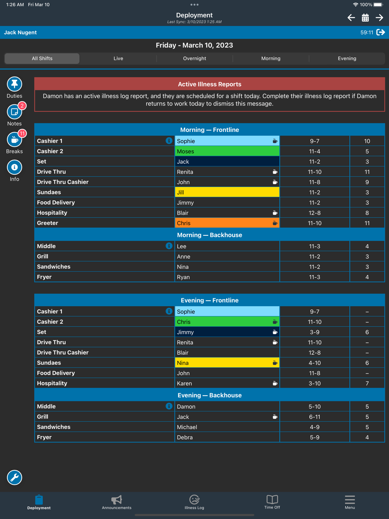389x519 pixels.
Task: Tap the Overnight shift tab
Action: (x=194, y=58)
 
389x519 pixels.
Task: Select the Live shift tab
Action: (x=118, y=58)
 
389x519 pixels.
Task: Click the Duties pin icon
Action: (x=14, y=84)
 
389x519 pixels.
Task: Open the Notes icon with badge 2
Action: (x=14, y=112)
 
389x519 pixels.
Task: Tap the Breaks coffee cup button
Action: (x=14, y=140)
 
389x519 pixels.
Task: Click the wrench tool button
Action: (x=14, y=477)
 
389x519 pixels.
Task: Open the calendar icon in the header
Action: (x=365, y=18)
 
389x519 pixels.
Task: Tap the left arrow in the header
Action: (x=351, y=18)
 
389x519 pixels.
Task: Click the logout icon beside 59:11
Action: (x=380, y=32)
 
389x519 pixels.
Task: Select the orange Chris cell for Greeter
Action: (x=227, y=223)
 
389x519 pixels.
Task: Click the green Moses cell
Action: (x=227, y=151)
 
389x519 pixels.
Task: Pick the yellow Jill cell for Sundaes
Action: (x=227, y=192)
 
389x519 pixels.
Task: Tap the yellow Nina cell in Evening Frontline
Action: (x=227, y=363)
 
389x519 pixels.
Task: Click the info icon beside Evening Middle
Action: (x=169, y=406)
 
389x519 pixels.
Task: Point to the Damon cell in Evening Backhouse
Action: (x=227, y=407)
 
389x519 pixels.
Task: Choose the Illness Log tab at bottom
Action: (x=194, y=502)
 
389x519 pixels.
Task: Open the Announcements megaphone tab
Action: (x=117, y=502)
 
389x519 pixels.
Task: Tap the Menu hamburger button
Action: (x=350, y=502)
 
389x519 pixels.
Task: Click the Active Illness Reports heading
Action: (x=209, y=84)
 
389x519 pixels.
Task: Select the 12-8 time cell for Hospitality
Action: (x=314, y=213)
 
